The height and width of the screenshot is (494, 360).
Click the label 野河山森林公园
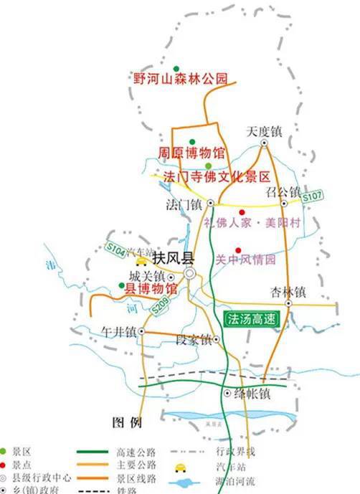click(180, 78)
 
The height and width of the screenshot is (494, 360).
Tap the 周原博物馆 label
click(191, 153)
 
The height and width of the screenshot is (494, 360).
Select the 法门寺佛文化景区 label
click(216, 176)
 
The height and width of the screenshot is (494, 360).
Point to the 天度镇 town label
click(264, 132)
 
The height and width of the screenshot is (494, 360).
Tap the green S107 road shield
click(313, 196)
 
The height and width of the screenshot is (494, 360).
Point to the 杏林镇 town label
click(288, 292)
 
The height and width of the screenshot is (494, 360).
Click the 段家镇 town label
click(193, 340)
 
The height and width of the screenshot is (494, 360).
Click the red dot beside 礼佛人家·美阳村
click(242, 212)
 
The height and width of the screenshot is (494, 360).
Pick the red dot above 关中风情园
click(237, 250)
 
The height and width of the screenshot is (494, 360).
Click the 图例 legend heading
click(127, 421)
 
